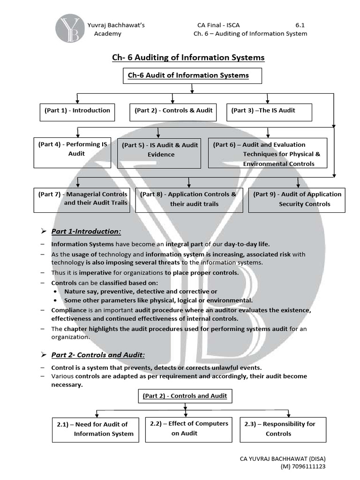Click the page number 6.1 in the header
[x=301, y=25]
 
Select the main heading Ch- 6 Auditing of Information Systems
[x=188, y=58]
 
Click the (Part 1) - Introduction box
[x=77, y=111]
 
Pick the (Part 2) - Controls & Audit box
[x=173, y=111]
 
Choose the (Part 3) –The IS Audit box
[x=267, y=111]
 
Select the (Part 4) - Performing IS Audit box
[x=72, y=152]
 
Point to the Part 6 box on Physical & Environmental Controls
[x=267, y=153]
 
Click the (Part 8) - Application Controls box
[x=189, y=199]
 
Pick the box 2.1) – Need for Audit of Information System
[x=96, y=429]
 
